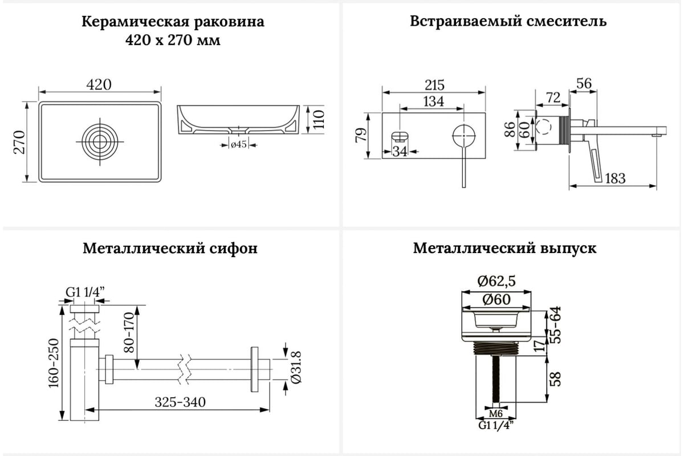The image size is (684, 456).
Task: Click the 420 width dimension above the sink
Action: (99, 84)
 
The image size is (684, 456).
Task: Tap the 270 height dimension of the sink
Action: (19, 142)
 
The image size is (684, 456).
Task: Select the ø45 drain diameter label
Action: (238, 144)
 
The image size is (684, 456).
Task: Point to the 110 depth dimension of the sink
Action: (319, 120)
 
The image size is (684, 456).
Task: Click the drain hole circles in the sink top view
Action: (100, 142)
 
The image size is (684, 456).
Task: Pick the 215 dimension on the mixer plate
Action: (434, 85)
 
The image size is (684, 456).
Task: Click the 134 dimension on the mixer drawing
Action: (434, 101)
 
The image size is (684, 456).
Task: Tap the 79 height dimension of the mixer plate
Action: (361, 135)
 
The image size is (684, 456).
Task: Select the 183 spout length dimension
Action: (615, 178)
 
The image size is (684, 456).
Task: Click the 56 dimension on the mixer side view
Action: (584, 83)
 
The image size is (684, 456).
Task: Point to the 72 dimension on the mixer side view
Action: (553, 97)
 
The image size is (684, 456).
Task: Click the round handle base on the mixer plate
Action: (464, 136)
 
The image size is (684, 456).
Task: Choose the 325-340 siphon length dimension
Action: (180, 402)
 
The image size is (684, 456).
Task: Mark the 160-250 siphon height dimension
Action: (54, 363)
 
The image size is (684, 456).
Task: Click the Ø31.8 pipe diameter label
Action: (296, 368)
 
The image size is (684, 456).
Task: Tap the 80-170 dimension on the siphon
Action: (129, 333)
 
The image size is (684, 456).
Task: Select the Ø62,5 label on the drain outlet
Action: (496, 281)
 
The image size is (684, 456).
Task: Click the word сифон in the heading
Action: (233, 249)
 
